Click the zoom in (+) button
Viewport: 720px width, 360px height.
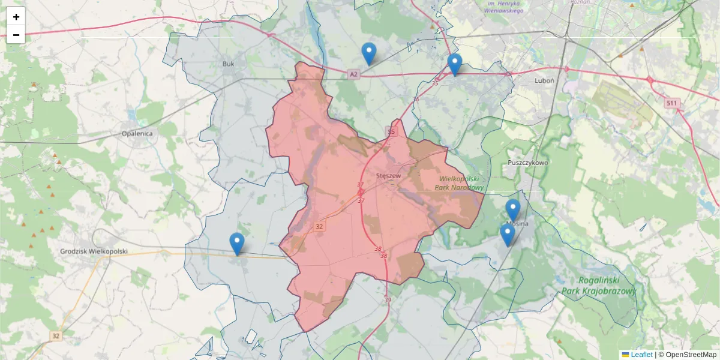pyautogui.click(x=16, y=17)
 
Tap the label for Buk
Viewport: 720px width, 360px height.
pyautogui.click(x=228, y=64)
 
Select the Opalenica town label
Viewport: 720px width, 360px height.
pyautogui.click(x=137, y=133)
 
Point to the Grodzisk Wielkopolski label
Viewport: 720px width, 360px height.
pyautogui.click(x=94, y=251)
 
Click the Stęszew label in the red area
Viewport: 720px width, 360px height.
pyautogui.click(x=388, y=175)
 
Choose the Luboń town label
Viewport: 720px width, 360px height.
pyautogui.click(x=544, y=80)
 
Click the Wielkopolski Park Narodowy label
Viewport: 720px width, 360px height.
pyautogui.click(x=461, y=183)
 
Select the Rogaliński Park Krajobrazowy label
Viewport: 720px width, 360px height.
pyautogui.click(x=598, y=286)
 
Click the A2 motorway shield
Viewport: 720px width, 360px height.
pyautogui.click(x=353, y=74)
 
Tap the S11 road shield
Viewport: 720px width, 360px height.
pyautogui.click(x=672, y=103)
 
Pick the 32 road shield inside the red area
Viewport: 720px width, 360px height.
pyautogui.click(x=319, y=226)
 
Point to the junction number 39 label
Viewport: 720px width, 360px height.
pyautogui.click(x=388, y=300)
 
